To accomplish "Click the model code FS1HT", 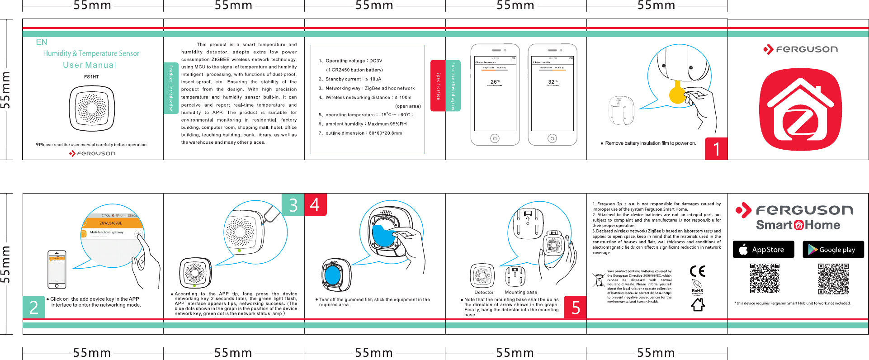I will (91, 77).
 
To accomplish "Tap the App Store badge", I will (763, 250).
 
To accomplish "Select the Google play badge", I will (833, 250).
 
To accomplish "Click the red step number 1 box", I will (716, 149).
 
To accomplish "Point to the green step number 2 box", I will (34, 307).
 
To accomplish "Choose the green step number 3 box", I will (293, 205).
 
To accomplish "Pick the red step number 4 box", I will (315, 205).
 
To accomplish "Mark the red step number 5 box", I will (575, 307).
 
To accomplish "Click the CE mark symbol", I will (698, 271).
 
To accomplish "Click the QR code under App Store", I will (765, 279).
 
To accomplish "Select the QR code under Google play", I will (833, 279).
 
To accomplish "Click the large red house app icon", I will (800, 109).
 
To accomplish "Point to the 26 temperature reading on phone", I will (495, 82).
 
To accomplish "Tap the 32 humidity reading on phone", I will (552, 82).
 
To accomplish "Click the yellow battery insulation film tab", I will (677, 94).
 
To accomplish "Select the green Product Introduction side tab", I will (171, 88).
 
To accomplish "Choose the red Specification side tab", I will (438, 86).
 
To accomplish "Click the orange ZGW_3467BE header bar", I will (112, 223).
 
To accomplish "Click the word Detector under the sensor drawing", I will (484, 293).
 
